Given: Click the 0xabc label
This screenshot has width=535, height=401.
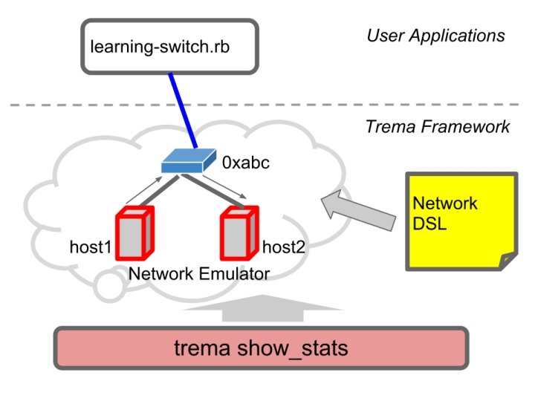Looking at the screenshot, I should click(x=244, y=160).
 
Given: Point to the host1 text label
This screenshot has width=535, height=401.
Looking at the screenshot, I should click(x=89, y=247).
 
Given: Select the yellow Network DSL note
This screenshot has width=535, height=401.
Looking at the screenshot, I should click(x=461, y=219).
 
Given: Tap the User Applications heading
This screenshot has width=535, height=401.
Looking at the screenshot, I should click(x=435, y=35).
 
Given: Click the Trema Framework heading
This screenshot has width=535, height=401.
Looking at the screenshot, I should click(x=437, y=126).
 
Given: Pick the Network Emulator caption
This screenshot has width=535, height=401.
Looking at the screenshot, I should click(x=199, y=274).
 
